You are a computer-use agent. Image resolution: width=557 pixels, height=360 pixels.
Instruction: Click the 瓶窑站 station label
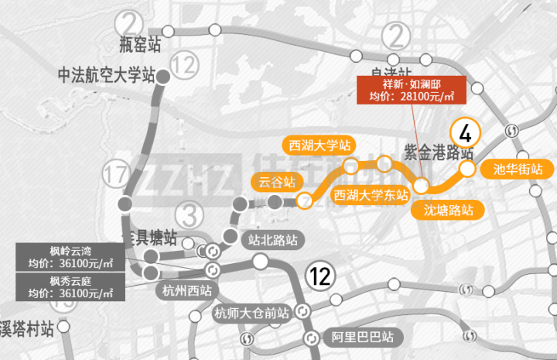click(x=140, y=44)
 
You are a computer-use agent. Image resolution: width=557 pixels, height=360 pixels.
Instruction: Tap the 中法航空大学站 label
click(x=107, y=76)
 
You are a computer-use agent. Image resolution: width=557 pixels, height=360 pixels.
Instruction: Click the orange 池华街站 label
click(x=511, y=169)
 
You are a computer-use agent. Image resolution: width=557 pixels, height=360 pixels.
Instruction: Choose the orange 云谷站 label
click(x=276, y=183)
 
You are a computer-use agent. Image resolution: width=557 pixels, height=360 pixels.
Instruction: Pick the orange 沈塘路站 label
click(x=448, y=209)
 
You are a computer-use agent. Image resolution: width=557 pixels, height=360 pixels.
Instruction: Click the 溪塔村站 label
click(x=28, y=330)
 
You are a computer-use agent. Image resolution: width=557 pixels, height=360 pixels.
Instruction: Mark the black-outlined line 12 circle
click(x=320, y=275)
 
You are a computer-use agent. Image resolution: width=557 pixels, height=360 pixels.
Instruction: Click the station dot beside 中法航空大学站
click(x=163, y=76)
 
